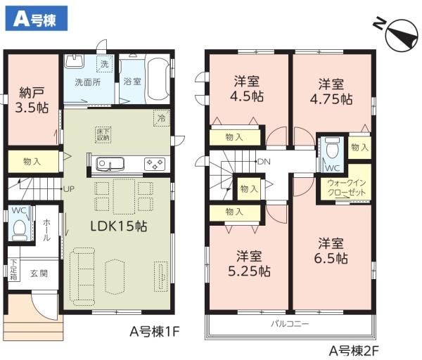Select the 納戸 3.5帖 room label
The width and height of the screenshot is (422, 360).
pyautogui.click(x=32, y=101)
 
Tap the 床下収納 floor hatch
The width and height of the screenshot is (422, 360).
pyautogui.click(x=102, y=133)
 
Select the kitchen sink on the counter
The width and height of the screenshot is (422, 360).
pyautogui.click(x=110, y=165)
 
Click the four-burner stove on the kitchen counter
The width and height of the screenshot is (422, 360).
pyautogui.click(x=155, y=164)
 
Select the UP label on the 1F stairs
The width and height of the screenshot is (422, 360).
pyautogui.click(x=68, y=189)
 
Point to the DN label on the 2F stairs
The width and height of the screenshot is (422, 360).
pyautogui.click(x=264, y=162)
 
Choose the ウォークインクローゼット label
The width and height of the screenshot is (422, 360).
pyautogui.click(x=345, y=188)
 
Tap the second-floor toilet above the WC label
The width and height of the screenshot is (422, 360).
pyautogui.click(x=331, y=148)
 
